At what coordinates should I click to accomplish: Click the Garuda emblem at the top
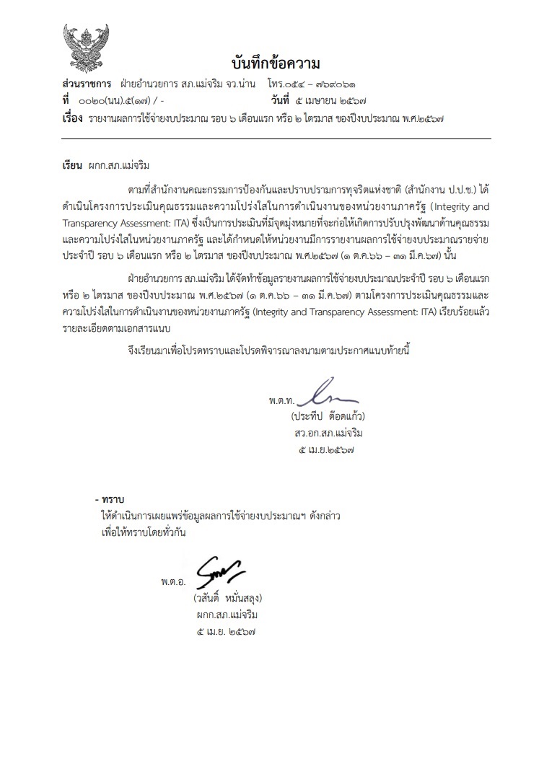tap(85, 46)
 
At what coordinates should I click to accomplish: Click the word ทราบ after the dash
tap(114, 499)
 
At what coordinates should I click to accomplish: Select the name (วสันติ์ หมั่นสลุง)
tap(226, 598)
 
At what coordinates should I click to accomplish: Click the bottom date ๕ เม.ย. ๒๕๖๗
tap(226, 631)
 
